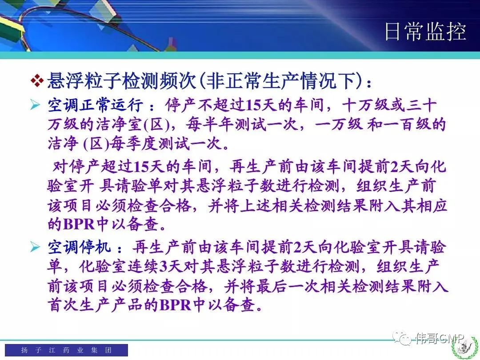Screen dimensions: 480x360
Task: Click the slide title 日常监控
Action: point(425,32)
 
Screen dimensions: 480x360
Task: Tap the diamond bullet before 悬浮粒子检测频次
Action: point(37,81)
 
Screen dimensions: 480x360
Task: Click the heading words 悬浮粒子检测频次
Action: point(121,81)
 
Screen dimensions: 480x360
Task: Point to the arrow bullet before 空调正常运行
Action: point(36,105)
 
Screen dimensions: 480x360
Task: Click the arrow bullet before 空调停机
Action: point(36,247)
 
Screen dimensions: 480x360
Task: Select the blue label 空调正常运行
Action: point(95,105)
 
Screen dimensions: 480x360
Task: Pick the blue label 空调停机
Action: point(79,247)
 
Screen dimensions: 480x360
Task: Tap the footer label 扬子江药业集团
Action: point(66,350)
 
